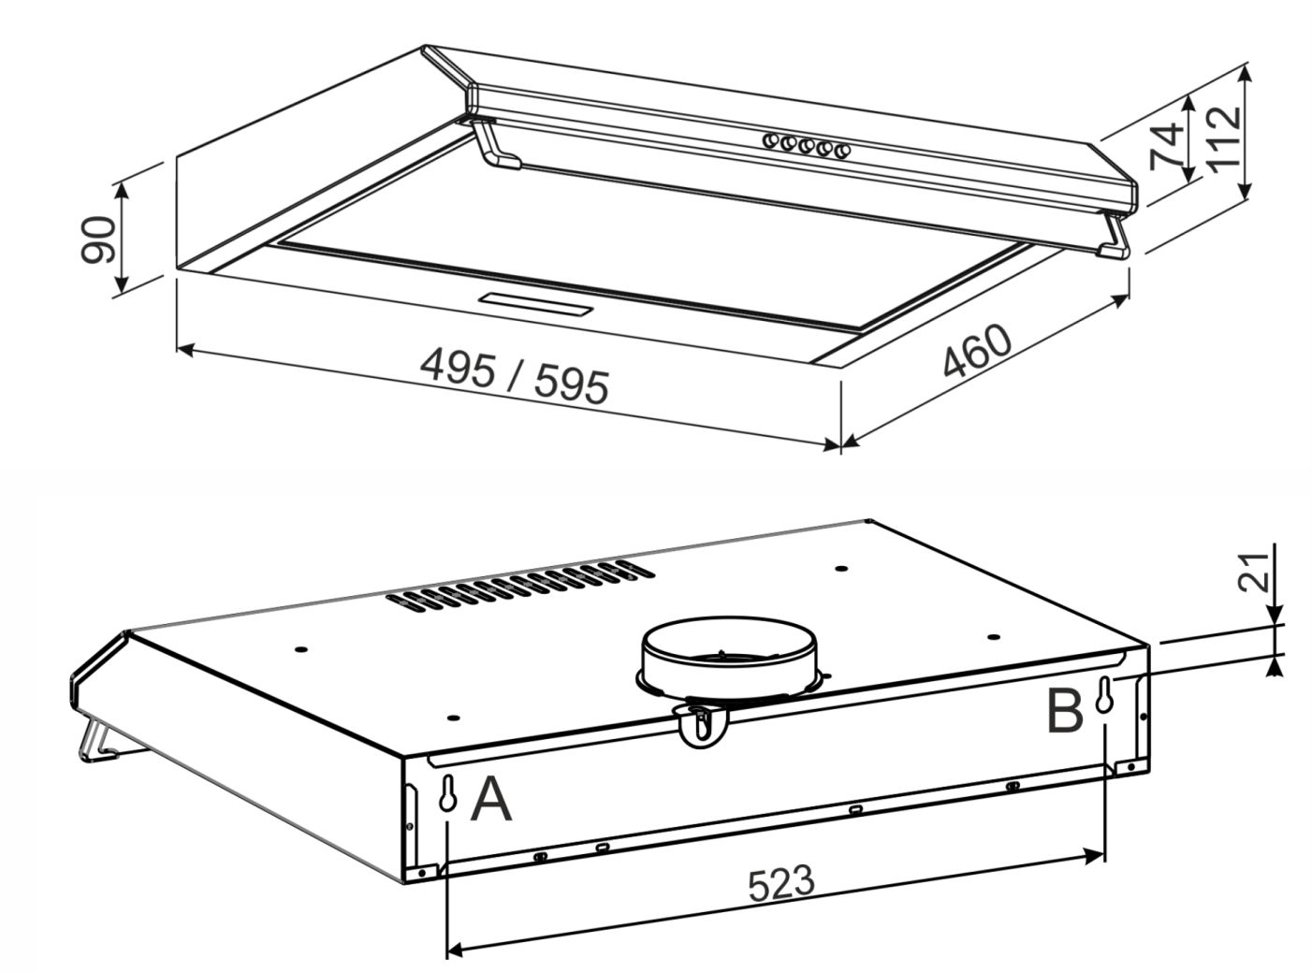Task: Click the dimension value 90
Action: (97, 239)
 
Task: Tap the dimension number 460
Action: (977, 350)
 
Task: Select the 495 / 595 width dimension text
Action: (514, 375)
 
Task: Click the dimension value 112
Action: (1222, 141)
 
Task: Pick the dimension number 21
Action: (1253, 573)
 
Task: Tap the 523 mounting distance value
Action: (780, 883)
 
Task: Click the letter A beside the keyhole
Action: (490, 800)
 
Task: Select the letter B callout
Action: (1065, 712)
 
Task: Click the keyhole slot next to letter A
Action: (447, 792)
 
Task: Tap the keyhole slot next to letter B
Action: (1104, 695)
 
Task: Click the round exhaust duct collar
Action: (729, 658)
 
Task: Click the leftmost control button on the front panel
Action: (770, 141)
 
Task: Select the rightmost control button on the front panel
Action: (842, 152)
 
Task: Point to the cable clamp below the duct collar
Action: (702, 726)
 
